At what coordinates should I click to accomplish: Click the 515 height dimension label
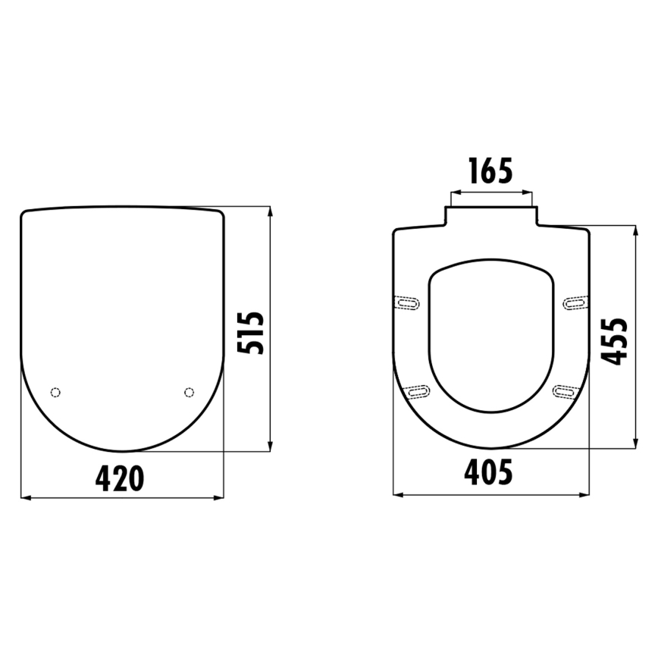coord(250,332)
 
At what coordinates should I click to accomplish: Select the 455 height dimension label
coord(615,340)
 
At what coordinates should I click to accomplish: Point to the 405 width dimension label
coord(488,472)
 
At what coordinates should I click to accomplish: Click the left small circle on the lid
coord(54,392)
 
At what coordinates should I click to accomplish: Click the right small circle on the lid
coord(189,392)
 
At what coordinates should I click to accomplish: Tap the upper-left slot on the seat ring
coord(409,303)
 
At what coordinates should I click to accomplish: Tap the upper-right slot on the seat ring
coord(573,303)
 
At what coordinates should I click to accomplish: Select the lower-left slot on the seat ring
coord(416,391)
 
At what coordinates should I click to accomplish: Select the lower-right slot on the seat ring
coord(566,391)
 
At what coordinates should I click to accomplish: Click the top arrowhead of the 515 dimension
coord(271,210)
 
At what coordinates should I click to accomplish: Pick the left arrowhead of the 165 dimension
coord(452,192)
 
